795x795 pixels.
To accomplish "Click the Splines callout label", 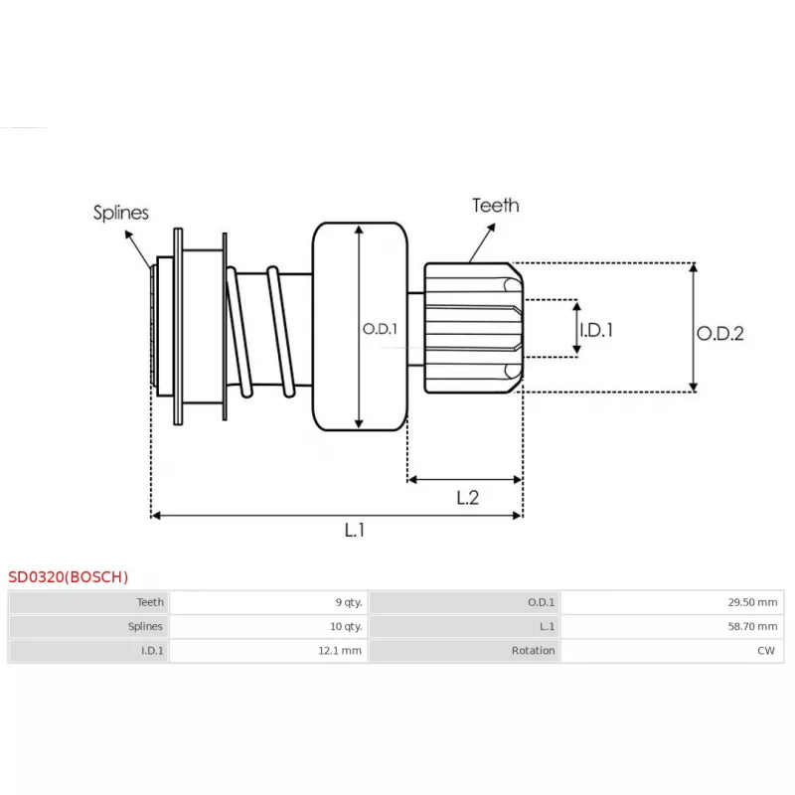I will tap(121, 213).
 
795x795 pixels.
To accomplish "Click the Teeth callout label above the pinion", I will tap(495, 206).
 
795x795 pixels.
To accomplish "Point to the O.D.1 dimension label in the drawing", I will tap(379, 327).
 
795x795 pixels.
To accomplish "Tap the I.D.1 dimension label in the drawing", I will tap(595, 329).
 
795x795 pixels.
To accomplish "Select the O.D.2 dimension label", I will tap(719, 334).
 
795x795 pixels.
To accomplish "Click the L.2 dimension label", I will tap(467, 498).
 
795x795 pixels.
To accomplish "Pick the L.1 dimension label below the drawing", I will tap(355, 531).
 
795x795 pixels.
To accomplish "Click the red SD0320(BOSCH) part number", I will tap(69, 576).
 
